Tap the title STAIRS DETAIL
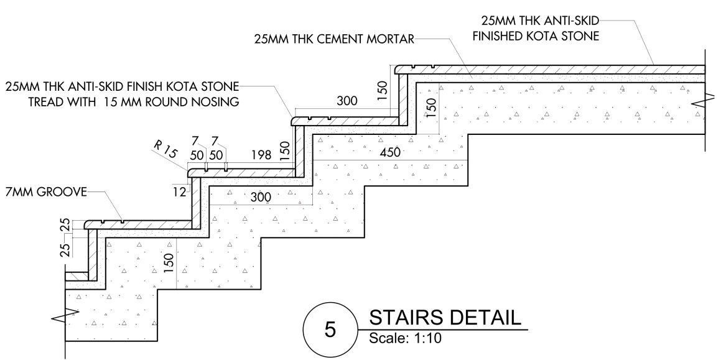point(445,318)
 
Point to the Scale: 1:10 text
point(405,339)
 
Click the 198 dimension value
point(262,155)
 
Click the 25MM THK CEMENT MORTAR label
point(334,39)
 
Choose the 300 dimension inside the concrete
point(261,198)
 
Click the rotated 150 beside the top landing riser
point(384,90)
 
